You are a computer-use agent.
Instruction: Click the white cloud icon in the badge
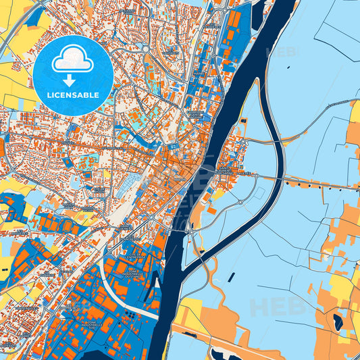(x=72, y=59)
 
